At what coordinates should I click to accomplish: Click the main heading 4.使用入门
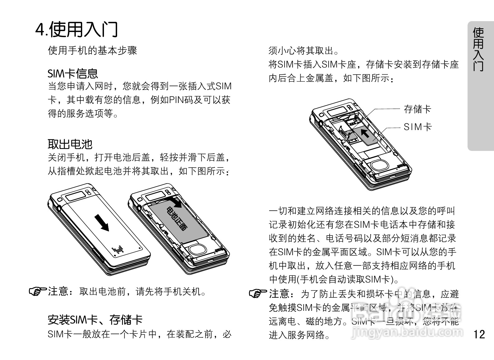77,29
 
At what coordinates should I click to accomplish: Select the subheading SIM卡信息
73,73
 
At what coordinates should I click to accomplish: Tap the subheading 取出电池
70,144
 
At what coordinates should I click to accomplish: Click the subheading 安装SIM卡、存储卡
95,320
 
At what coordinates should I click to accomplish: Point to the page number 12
479,334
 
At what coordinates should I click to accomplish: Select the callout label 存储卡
417,109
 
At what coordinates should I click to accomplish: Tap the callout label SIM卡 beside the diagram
417,127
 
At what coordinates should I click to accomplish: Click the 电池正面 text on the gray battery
176,219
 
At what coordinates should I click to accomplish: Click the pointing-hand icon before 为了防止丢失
258,293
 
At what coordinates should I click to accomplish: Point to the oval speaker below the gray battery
198,249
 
